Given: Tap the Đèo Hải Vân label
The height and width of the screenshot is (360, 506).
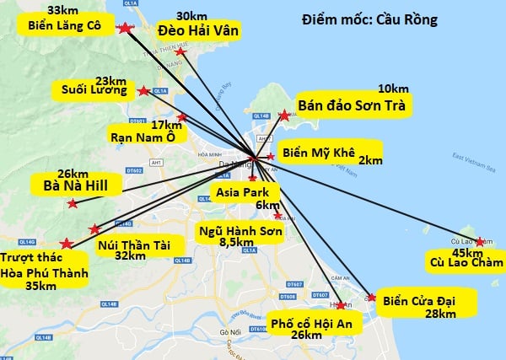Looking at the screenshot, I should (x=199, y=30).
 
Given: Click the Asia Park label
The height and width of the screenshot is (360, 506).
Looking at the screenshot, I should (x=241, y=193).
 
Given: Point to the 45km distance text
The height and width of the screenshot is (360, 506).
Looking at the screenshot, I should (x=467, y=252).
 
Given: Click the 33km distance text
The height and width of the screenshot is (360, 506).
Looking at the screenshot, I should (x=63, y=10).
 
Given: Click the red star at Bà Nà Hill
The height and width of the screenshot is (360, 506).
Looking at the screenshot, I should (x=73, y=204).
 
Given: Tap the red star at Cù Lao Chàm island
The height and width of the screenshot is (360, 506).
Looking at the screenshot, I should (x=480, y=242).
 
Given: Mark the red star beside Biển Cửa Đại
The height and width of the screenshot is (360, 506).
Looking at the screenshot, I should (x=373, y=297).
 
